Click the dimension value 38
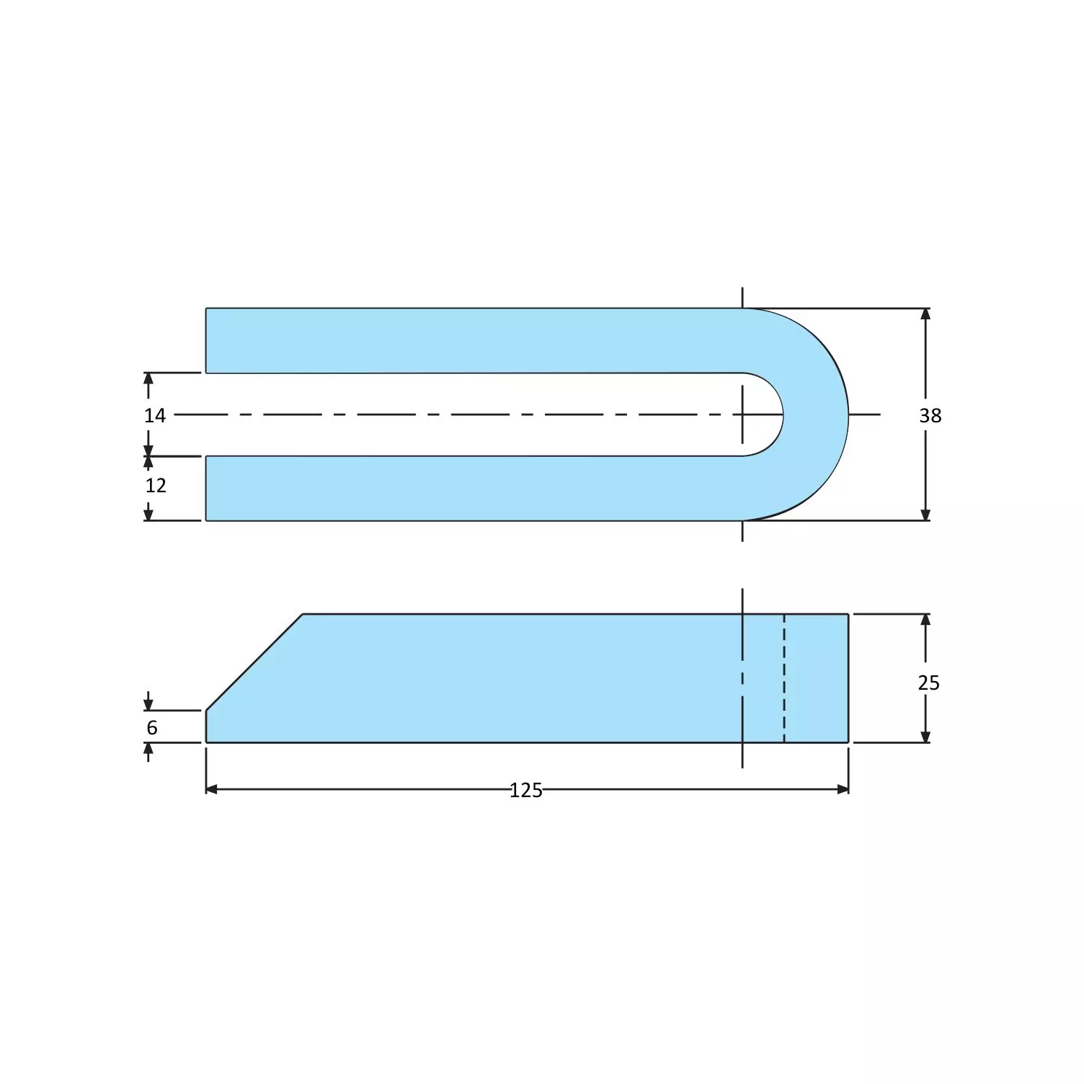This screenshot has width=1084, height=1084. [x=930, y=415]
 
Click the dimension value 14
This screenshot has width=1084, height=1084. [x=154, y=415]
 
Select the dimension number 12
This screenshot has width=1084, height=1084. [x=156, y=485]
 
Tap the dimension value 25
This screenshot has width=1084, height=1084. [x=928, y=683]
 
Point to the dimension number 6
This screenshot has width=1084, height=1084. [x=152, y=728]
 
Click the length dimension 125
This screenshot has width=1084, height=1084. [x=526, y=791]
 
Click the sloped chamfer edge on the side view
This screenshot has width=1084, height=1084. [x=254, y=662]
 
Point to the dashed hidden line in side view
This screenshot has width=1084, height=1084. [x=784, y=677]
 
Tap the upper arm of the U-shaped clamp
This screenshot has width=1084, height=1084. [x=468, y=340]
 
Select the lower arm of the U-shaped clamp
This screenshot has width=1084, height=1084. [x=468, y=488]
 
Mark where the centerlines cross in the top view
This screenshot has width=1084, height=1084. [x=742, y=414]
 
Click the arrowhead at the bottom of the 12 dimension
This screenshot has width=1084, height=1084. [x=148, y=514]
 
